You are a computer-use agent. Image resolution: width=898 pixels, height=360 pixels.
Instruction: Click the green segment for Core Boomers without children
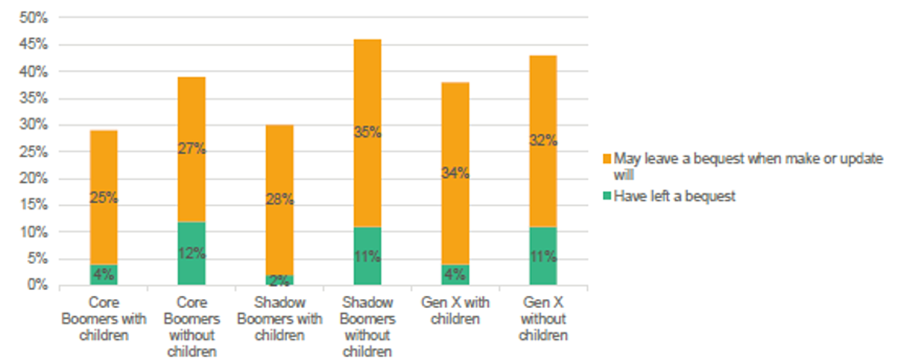pos(191,253)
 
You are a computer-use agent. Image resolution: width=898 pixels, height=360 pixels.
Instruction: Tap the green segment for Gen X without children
pos(542,256)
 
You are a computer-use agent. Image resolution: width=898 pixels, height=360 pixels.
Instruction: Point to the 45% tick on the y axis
pos(36,45)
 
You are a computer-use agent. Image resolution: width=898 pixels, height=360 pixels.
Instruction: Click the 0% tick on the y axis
pos(36,285)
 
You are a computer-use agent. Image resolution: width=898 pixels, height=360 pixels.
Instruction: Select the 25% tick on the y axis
pos(36,152)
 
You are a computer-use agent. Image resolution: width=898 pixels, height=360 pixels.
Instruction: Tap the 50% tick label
pos(36,18)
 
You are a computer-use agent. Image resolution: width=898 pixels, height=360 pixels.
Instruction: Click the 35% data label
pos(367,133)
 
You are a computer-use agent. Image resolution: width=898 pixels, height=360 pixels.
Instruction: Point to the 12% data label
pos(191,253)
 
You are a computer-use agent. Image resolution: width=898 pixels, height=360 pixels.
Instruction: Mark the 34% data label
pos(455,173)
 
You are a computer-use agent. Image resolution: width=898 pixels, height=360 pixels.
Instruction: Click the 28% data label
pos(280,200)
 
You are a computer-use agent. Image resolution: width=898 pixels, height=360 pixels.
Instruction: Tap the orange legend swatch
pos(607,159)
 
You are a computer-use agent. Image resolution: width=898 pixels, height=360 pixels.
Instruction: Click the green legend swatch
pos(607,196)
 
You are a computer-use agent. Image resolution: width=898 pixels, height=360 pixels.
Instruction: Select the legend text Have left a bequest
pos(675,196)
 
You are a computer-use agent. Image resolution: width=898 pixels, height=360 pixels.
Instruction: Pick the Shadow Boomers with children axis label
pos(280,319)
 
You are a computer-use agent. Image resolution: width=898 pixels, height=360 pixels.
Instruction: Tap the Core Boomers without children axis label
pos(191,327)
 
